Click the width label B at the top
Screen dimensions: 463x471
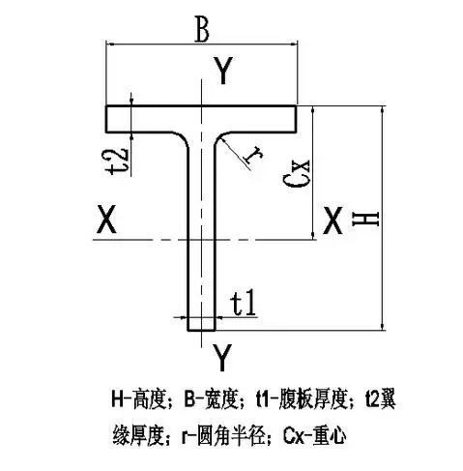pos(202,29)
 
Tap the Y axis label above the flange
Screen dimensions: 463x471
pos(223,71)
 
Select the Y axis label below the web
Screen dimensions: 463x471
pos(222,357)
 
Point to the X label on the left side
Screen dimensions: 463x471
pos(106,220)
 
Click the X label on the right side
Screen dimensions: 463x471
pos(333,221)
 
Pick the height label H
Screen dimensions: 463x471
pos(365,220)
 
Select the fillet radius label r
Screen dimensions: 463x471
pos(253,155)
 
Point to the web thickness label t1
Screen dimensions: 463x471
pos(244,303)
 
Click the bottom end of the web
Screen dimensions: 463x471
pos(201,331)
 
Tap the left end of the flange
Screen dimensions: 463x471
pos(106,119)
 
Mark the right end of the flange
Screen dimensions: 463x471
pos(296,119)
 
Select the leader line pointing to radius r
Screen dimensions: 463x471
pos(235,153)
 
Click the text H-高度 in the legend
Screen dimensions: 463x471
pos(138,398)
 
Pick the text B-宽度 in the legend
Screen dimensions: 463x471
pos(211,398)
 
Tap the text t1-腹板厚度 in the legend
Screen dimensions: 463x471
pos(303,398)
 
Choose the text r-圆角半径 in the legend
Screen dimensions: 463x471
pos(224,436)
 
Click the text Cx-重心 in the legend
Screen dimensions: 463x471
pos(315,436)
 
